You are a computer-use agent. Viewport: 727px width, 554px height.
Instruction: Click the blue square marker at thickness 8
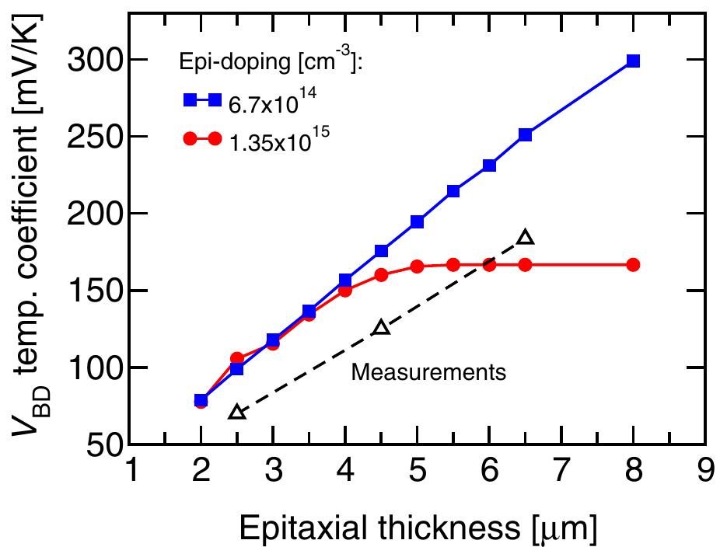coord(633,61)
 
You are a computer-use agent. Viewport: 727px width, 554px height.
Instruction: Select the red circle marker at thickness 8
coord(633,265)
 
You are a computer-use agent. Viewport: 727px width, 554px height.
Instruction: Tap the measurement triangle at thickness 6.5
coord(525,237)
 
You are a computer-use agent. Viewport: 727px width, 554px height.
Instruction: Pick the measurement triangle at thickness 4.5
coord(381,327)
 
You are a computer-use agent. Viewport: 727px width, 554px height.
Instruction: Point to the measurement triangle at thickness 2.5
coord(237,411)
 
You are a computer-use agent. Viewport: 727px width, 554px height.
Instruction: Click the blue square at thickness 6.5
coord(525,134)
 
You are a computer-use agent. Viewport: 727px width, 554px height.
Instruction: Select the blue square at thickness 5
coord(418,222)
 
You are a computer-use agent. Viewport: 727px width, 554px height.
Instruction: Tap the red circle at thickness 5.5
coord(453,265)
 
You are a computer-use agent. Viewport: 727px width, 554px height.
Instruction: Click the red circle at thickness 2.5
coord(237,358)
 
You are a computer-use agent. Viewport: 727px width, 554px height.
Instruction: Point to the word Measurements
coord(428,372)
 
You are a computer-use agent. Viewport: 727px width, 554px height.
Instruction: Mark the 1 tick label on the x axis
coord(132,469)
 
